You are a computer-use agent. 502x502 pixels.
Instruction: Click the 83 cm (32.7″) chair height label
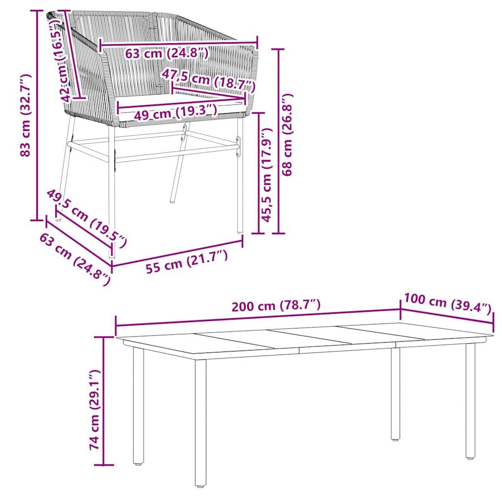[x=25, y=115]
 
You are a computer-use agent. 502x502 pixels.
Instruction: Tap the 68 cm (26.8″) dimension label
[x=288, y=135]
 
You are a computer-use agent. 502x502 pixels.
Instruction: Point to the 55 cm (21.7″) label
[x=187, y=263]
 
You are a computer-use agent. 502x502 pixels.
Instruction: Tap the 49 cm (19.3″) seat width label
[x=175, y=114]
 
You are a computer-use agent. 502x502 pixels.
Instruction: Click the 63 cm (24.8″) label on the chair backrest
[x=167, y=53]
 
